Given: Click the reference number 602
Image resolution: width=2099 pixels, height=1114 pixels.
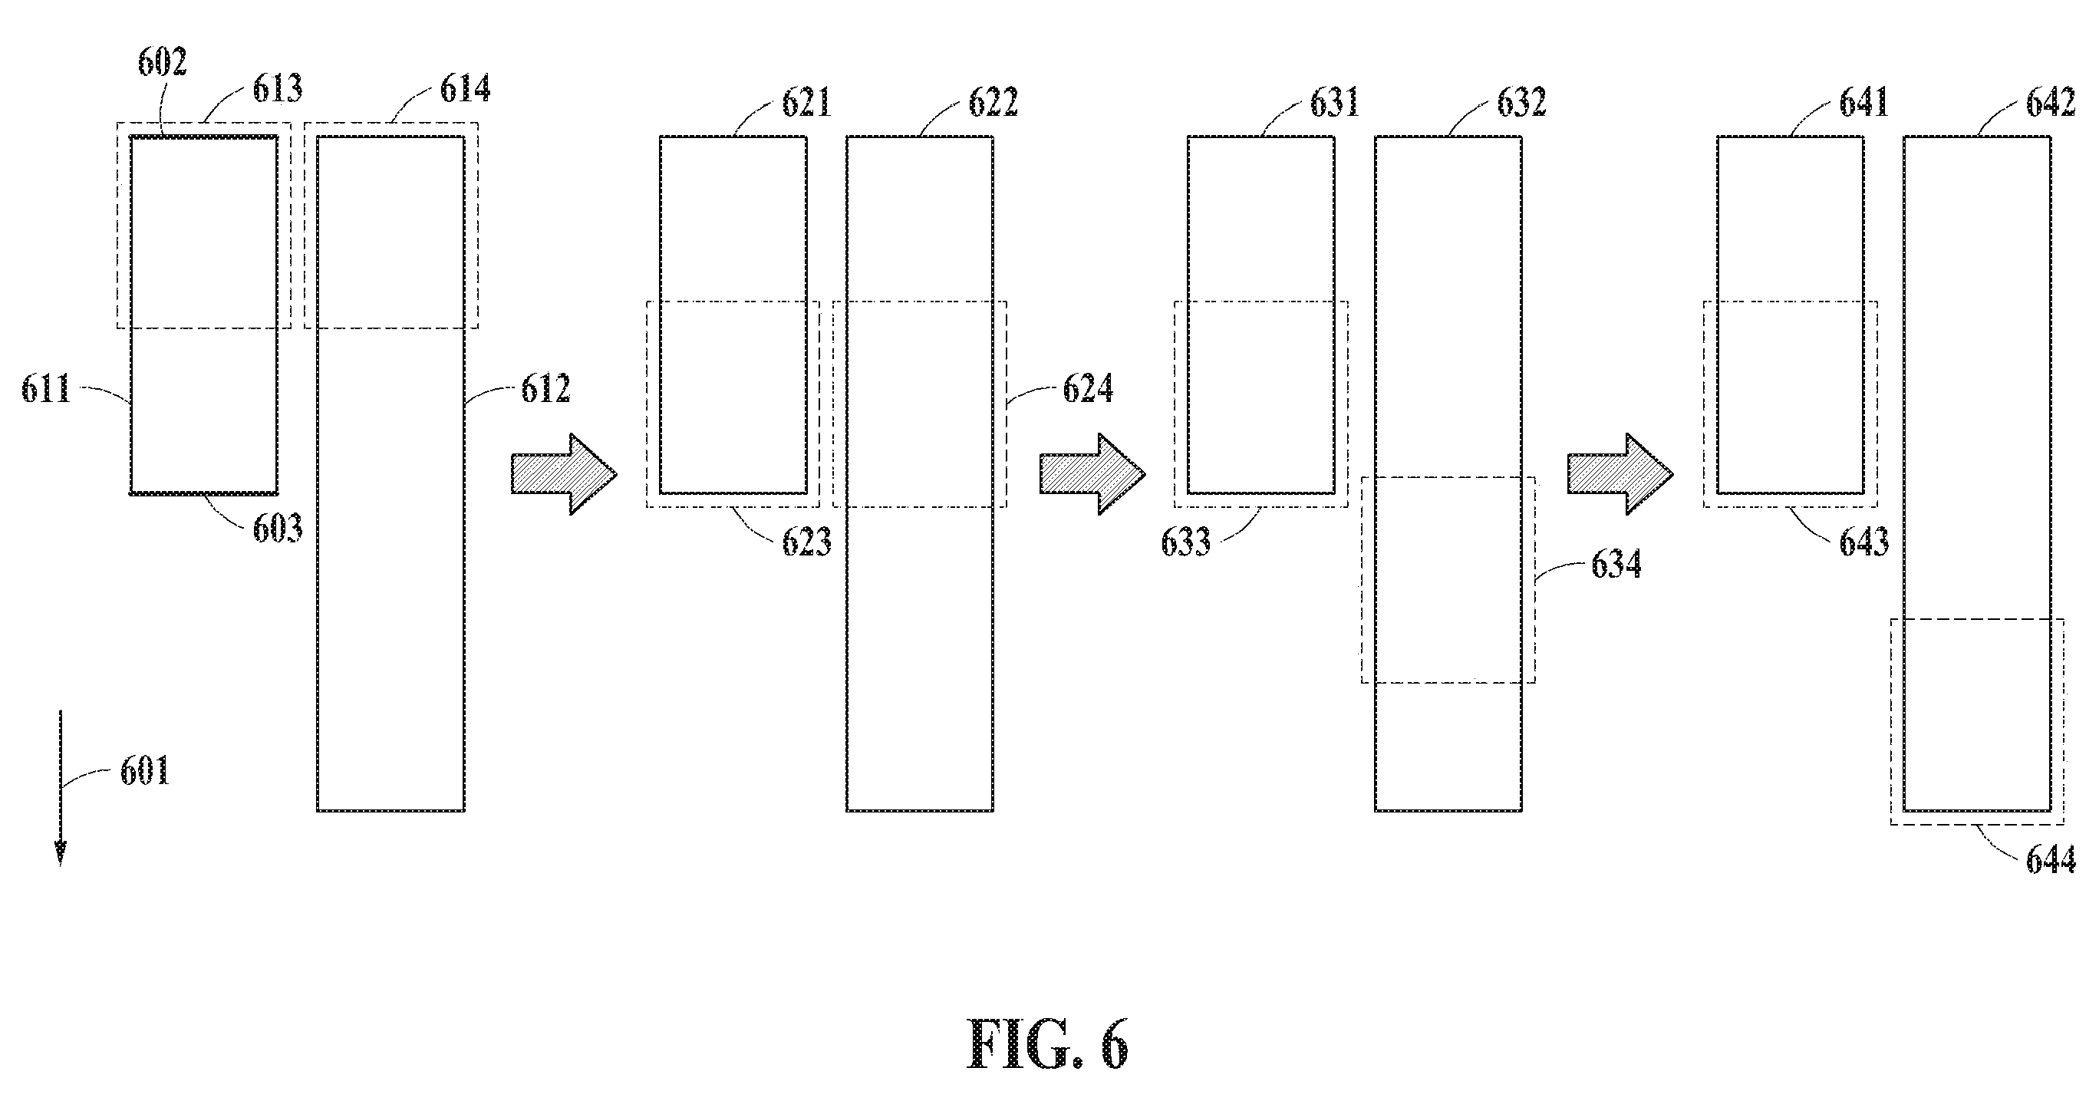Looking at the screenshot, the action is pyautogui.click(x=162, y=62).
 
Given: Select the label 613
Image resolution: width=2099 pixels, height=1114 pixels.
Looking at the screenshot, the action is pyautogui.click(x=277, y=89).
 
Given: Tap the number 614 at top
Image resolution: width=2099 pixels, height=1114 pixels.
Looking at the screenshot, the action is pyautogui.click(x=465, y=89).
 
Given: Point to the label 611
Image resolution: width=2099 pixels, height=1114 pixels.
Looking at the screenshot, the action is pyautogui.click(x=47, y=389).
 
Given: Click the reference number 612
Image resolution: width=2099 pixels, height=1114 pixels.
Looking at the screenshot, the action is pyautogui.click(x=546, y=389).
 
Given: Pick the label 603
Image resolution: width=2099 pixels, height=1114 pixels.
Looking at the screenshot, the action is pyautogui.click(x=277, y=529).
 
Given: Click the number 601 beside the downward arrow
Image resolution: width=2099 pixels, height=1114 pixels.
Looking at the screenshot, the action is pyautogui.click(x=145, y=770).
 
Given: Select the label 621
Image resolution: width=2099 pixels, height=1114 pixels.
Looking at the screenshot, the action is pyautogui.click(x=806, y=104).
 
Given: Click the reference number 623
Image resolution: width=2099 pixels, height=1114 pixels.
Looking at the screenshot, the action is pyautogui.click(x=806, y=542).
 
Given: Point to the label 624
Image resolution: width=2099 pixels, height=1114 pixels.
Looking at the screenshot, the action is pyautogui.click(x=1088, y=389).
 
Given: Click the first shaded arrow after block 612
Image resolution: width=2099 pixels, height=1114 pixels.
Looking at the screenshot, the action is pyautogui.click(x=564, y=473).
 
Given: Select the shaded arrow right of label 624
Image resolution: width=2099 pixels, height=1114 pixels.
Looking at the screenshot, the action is pyautogui.click(x=1092, y=473).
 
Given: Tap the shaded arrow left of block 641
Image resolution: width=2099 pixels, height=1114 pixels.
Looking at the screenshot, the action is pyautogui.click(x=1621, y=473).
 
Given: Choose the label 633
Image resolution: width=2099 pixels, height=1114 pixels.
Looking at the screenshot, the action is pyautogui.click(x=1186, y=542).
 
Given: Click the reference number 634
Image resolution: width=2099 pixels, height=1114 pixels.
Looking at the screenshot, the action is pyautogui.click(x=1616, y=565).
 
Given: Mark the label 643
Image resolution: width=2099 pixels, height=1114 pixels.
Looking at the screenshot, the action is pyautogui.click(x=1864, y=542).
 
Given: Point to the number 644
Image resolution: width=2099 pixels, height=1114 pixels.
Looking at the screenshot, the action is pyautogui.click(x=2051, y=861).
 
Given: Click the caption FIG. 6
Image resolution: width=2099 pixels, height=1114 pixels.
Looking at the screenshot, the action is pyautogui.click(x=1048, y=1046).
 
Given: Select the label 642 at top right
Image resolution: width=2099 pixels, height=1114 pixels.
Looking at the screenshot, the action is pyautogui.click(x=2051, y=104).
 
